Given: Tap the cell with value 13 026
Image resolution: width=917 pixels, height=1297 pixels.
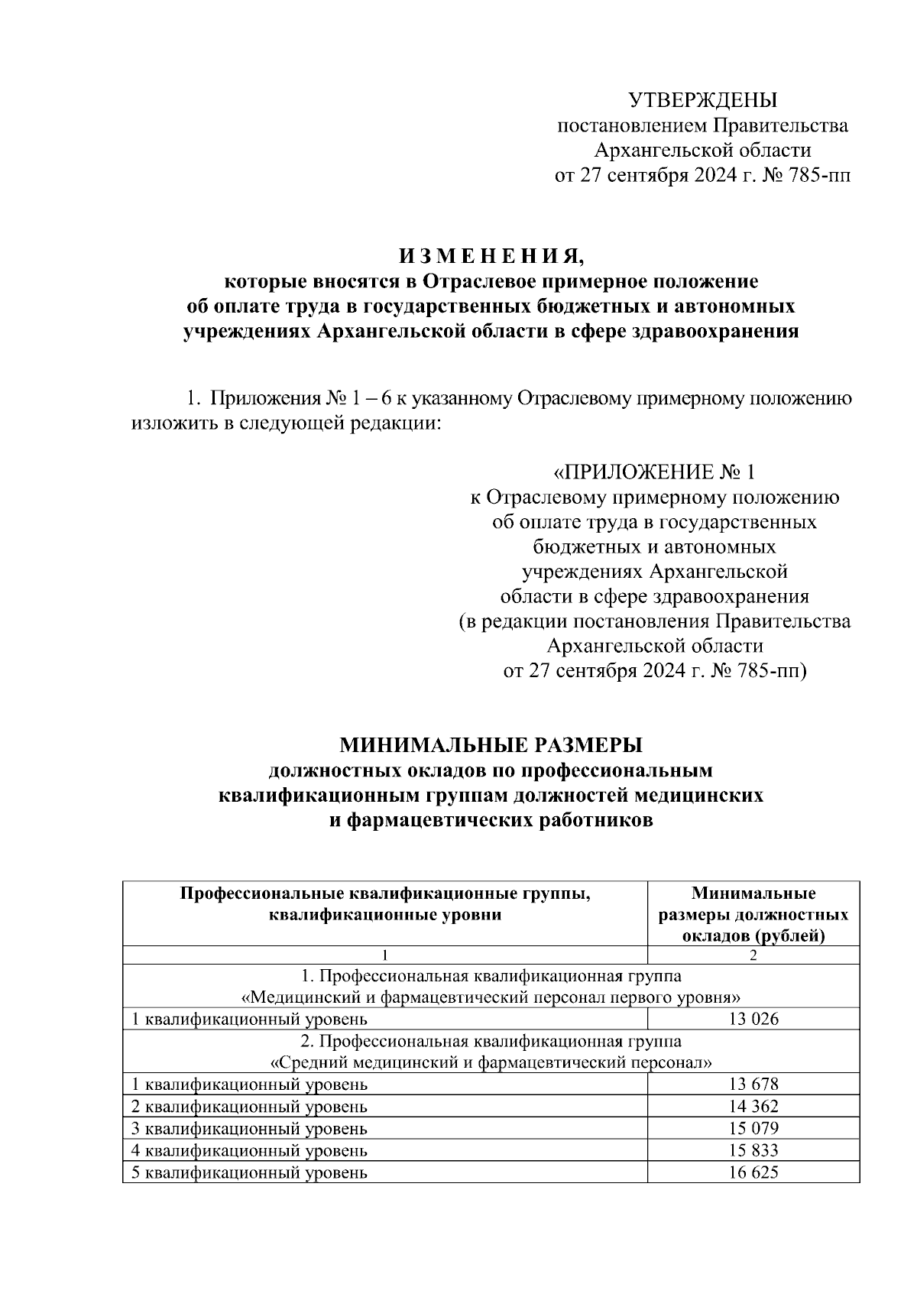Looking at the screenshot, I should (753, 1019).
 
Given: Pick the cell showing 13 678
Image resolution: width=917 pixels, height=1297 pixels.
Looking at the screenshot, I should (753, 1084).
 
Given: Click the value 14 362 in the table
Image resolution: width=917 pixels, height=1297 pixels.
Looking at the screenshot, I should (753, 1106).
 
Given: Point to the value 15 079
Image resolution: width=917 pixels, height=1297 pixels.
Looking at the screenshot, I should (753, 1128).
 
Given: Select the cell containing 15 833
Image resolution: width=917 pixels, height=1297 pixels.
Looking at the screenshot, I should (753, 1149).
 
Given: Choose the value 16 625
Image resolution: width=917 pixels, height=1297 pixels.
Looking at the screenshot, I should (753, 1172).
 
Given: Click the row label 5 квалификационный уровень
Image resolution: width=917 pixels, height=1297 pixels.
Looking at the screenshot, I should (250, 1172).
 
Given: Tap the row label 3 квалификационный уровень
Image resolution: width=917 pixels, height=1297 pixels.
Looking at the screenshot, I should (250, 1128).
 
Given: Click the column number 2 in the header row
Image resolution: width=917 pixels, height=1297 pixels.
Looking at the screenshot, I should (753, 955).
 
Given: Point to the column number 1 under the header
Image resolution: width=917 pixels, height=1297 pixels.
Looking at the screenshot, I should (385, 955).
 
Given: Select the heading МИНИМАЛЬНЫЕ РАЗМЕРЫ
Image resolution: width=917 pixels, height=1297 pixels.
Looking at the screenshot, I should (491, 744).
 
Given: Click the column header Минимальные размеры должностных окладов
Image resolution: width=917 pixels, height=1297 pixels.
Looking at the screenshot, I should (753, 914).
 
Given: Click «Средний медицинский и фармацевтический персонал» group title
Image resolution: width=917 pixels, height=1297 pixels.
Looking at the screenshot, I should (491, 1062).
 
